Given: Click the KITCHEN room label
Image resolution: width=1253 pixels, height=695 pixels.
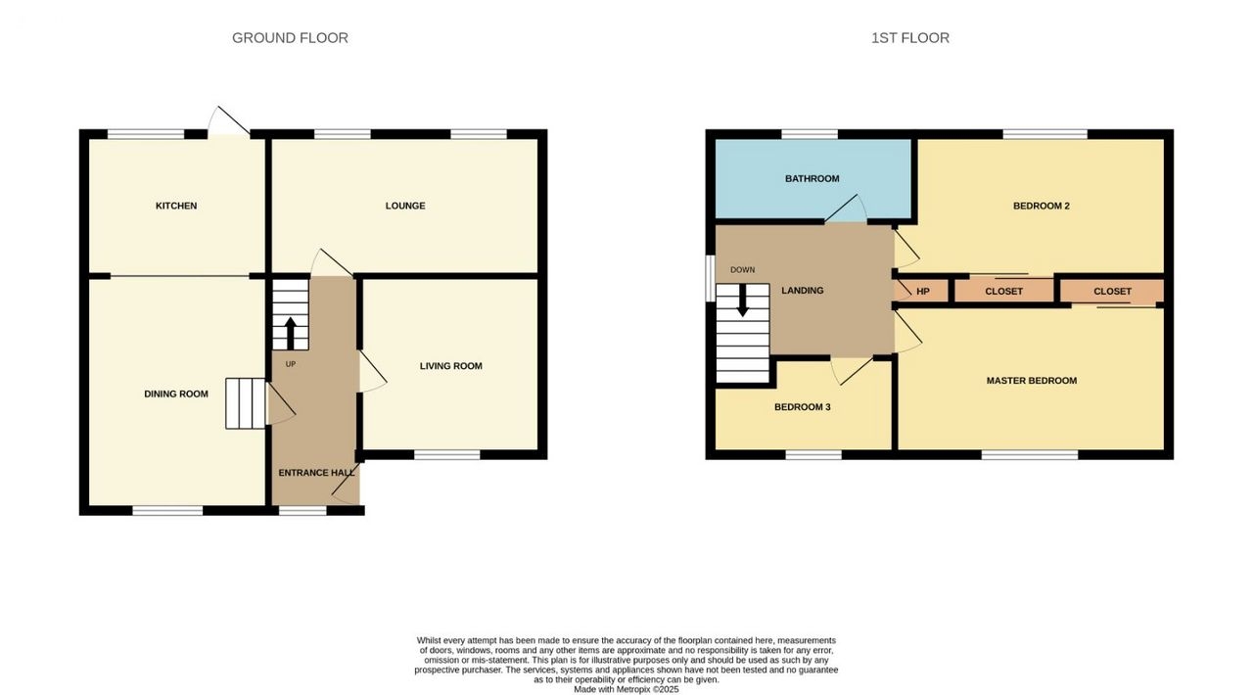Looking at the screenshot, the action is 176,206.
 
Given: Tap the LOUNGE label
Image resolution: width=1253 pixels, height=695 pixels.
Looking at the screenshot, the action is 405,206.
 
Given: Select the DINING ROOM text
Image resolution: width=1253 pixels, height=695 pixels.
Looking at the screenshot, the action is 176,394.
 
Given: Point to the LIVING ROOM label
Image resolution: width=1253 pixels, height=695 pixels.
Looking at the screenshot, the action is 451,366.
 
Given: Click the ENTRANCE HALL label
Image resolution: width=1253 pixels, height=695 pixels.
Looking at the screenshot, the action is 316,473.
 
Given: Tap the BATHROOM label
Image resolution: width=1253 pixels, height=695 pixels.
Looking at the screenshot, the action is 812,178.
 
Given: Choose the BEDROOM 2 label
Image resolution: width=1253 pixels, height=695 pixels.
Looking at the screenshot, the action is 1042,206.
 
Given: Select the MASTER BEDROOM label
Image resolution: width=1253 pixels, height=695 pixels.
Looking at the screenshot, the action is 1032,381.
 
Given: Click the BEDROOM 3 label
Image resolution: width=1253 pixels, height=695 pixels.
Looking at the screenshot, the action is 802,407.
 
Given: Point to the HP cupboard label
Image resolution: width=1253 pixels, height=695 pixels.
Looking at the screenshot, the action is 923,292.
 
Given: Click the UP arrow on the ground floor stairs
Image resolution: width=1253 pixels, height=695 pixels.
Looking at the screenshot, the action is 291,334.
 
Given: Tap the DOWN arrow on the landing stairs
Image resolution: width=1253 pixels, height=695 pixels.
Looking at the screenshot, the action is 743,301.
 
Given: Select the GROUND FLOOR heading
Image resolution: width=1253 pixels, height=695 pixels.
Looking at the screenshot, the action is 290,38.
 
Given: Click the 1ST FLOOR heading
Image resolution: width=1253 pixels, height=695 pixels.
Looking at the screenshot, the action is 910,38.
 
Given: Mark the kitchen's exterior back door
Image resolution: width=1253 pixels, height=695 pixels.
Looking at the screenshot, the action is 229,120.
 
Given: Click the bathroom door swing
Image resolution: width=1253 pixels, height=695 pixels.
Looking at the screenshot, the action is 845,208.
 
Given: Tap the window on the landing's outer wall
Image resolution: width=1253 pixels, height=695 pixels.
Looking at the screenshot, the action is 710,279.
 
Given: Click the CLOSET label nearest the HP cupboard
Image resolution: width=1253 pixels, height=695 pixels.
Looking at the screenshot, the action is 1004,292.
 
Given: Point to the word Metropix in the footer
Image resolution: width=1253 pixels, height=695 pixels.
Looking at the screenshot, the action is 635,689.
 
